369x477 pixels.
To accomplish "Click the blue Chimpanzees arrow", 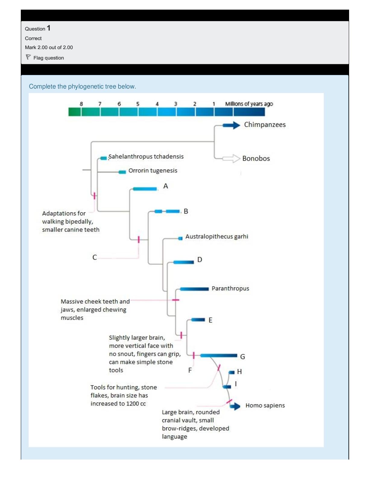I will coord(231,125).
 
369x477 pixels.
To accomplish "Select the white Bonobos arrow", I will coord(231,158).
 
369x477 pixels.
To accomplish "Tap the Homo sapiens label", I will coord(265,405).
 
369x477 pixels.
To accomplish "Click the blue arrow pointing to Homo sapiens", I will coord(235,406).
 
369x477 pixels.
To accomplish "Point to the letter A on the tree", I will coord(166,186).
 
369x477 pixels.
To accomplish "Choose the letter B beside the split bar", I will coord(186,211).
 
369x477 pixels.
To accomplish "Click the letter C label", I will coord(95,257).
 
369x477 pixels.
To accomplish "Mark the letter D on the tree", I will coord(200,260).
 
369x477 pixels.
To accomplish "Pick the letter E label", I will coord(210,320).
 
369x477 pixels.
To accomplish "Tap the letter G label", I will coord(242,357).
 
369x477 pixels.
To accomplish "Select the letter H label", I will coord(239,372).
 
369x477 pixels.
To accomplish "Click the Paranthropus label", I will coord(230,288).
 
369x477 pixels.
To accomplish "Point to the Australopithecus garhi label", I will coord(217,236).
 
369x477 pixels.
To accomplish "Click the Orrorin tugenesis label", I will coord(153,170).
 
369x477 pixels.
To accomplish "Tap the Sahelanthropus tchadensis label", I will coord(146,157).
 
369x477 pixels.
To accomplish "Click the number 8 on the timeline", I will coord(81,104).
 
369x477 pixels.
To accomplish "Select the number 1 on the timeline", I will coord(214,104).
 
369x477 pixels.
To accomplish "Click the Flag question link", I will coord(49,58).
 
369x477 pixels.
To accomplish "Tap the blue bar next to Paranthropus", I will coord(194,289).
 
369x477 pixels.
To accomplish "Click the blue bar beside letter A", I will coord(145,189).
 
